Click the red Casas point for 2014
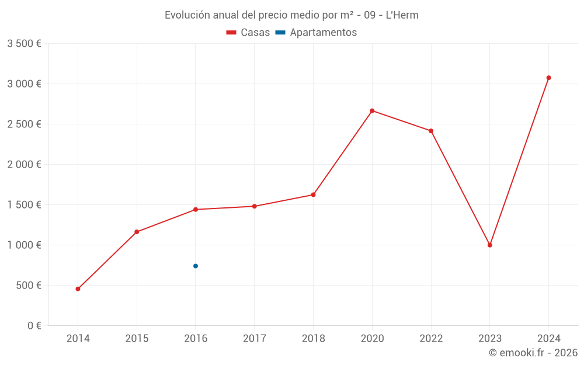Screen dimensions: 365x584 point(78,288)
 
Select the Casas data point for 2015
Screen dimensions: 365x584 point(137,232)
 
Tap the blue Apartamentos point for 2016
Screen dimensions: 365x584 point(196,266)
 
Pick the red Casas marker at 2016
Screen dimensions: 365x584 point(196,209)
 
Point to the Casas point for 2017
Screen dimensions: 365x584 point(255,206)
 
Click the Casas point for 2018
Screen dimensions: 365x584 point(313,194)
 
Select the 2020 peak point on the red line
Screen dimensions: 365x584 point(372,110)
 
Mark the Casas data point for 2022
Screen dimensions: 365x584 point(431,131)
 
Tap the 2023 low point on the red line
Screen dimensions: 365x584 point(490,245)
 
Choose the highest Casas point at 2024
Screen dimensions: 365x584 point(548,78)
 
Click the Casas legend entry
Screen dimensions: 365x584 point(248,33)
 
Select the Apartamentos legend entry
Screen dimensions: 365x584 point(316,33)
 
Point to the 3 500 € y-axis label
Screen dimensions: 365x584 point(24,43)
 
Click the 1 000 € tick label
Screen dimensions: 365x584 point(24,245)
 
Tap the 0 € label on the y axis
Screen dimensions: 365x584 point(34,325)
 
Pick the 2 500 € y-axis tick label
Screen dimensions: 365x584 point(24,124)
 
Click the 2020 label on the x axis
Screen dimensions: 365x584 point(372,338)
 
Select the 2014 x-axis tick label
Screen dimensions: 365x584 point(78,338)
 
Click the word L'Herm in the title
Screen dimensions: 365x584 point(402,15)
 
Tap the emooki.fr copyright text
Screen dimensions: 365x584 point(533,353)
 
